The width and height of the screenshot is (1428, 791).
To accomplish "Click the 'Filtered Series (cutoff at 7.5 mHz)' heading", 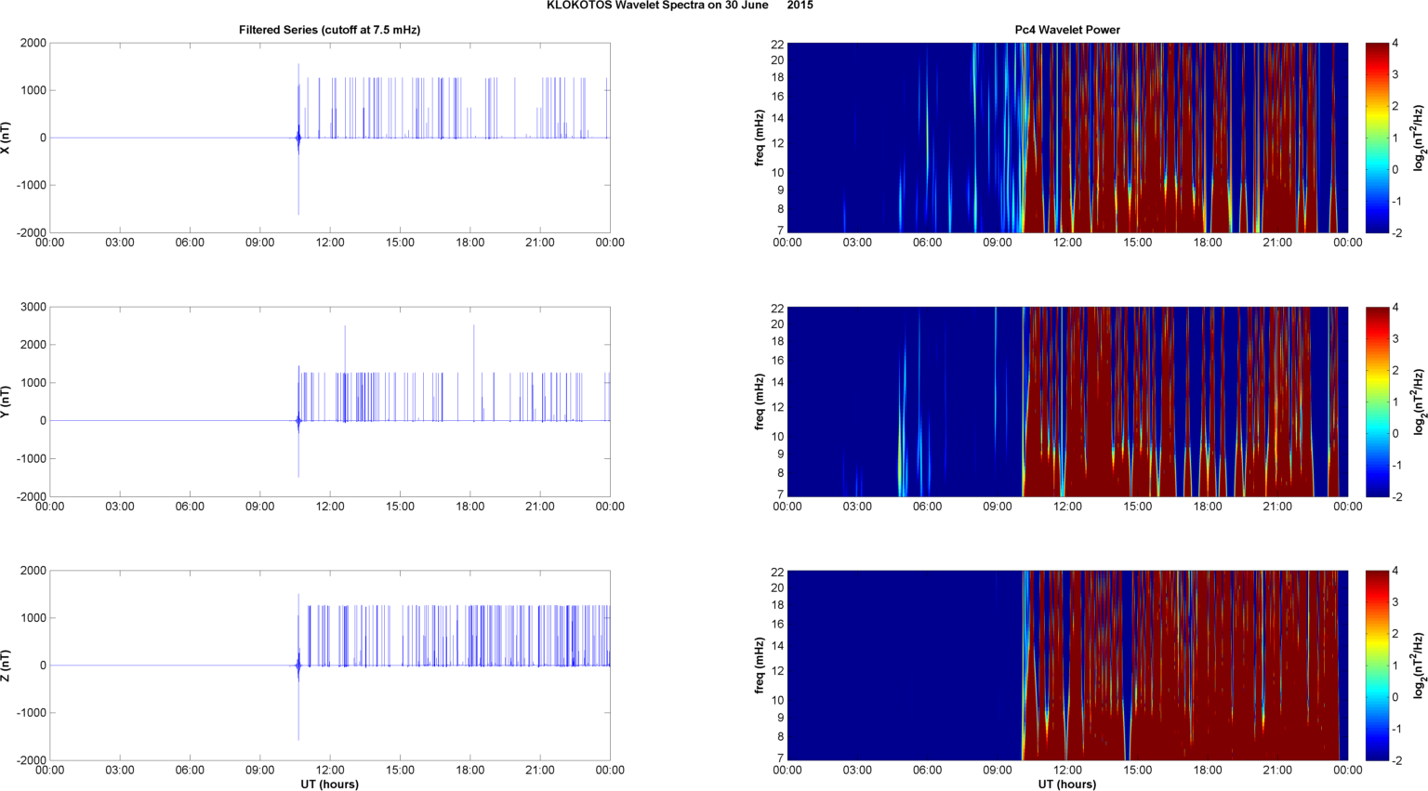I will coord(329,30).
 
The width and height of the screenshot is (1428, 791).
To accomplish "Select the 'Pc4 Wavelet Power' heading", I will coord(1066,30).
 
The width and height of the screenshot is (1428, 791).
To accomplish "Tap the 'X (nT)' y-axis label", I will coord(6,138).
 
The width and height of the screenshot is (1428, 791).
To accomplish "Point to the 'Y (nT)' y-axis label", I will coord(6,402).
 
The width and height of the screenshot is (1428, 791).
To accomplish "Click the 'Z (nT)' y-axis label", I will coord(6,666).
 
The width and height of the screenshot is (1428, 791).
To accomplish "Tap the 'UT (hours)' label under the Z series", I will coord(329,784).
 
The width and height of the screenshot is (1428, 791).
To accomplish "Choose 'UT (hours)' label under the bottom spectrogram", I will coord(1066,784).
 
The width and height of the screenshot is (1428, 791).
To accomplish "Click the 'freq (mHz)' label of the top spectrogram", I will coord(760,138).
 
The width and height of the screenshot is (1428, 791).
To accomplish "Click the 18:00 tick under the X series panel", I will coord(469,243).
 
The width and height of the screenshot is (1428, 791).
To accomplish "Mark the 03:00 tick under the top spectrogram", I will coord(857,243).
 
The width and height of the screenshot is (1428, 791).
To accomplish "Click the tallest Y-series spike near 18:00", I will coord(474,327).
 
